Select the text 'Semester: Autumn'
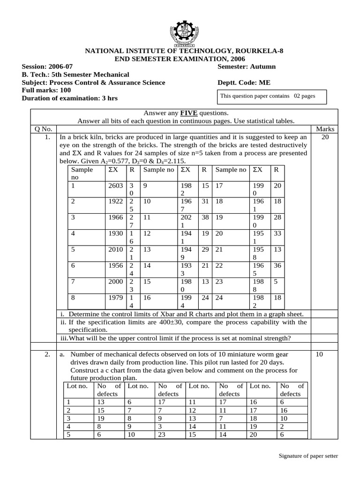(247, 67)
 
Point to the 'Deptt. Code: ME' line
(244, 82)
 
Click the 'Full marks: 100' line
(46, 90)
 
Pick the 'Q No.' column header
(43, 128)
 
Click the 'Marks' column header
(325, 128)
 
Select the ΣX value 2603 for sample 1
(115, 186)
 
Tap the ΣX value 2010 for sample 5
(115, 249)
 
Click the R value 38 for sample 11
(205, 217)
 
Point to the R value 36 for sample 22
(277, 265)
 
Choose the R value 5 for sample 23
(276, 281)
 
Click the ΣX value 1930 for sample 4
(115, 233)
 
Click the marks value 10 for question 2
(319, 355)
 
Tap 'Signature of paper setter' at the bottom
(308, 456)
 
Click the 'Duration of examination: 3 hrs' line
(70, 98)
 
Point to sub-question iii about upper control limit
(175, 338)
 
